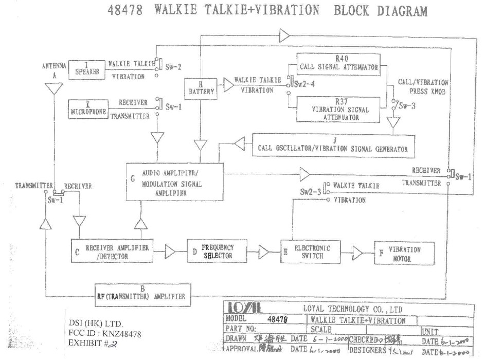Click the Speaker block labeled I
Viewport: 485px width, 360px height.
pyautogui.click(x=86, y=69)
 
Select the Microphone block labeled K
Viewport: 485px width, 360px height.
pyautogui.click(x=89, y=109)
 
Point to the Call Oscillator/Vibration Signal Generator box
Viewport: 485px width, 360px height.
pyautogui.click(x=333, y=145)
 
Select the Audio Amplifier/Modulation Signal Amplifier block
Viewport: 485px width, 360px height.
pyautogui.click(x=174, y=182)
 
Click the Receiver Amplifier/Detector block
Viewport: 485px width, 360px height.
pyautogui.click(x=112, y=250)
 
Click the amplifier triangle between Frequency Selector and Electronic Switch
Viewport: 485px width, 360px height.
pyautogui.click(x=264, y=251)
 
